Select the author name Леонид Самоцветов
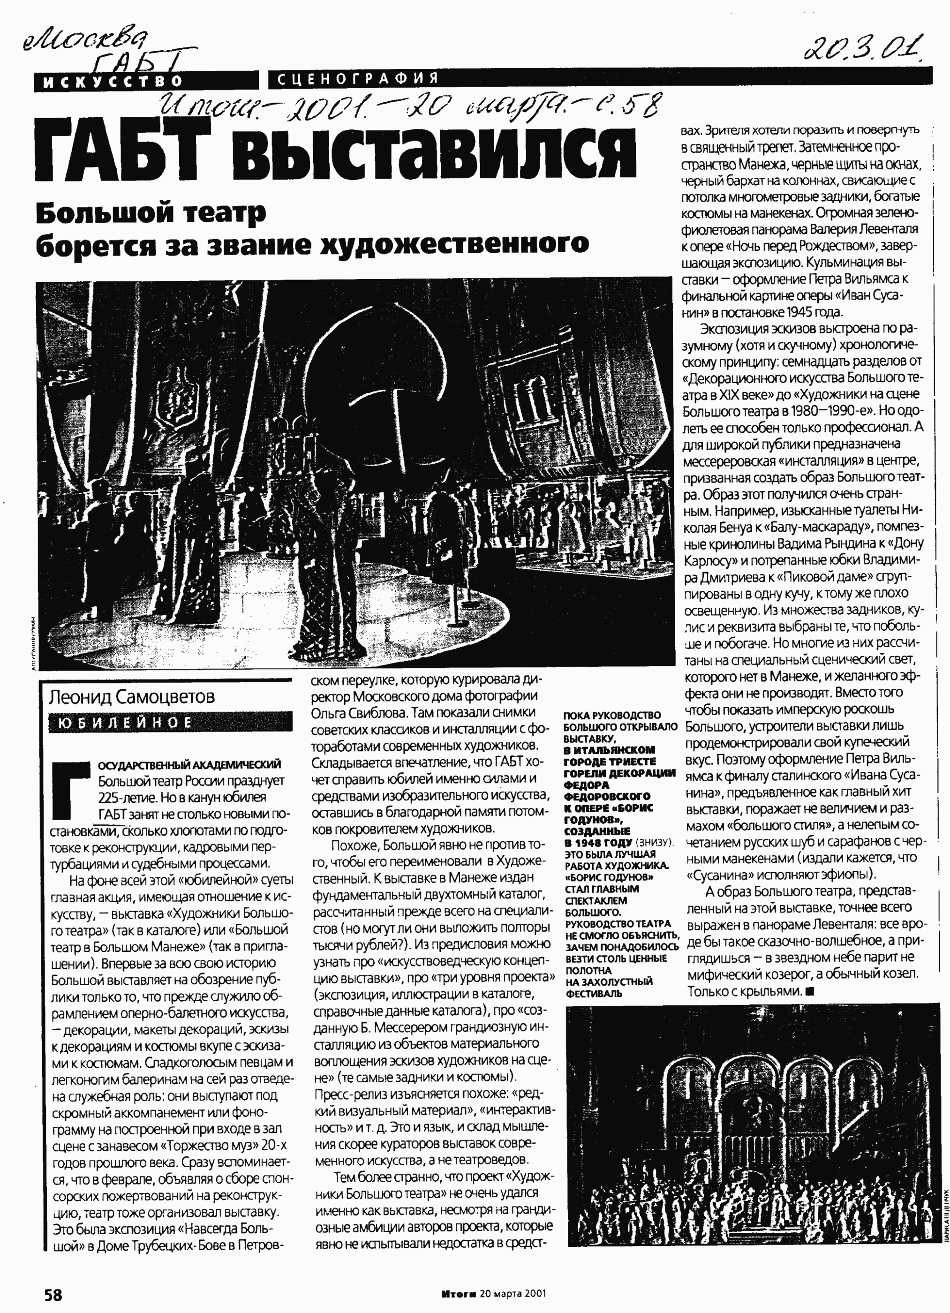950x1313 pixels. click(131, 696)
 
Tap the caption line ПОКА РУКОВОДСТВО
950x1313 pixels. click(612, 716)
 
